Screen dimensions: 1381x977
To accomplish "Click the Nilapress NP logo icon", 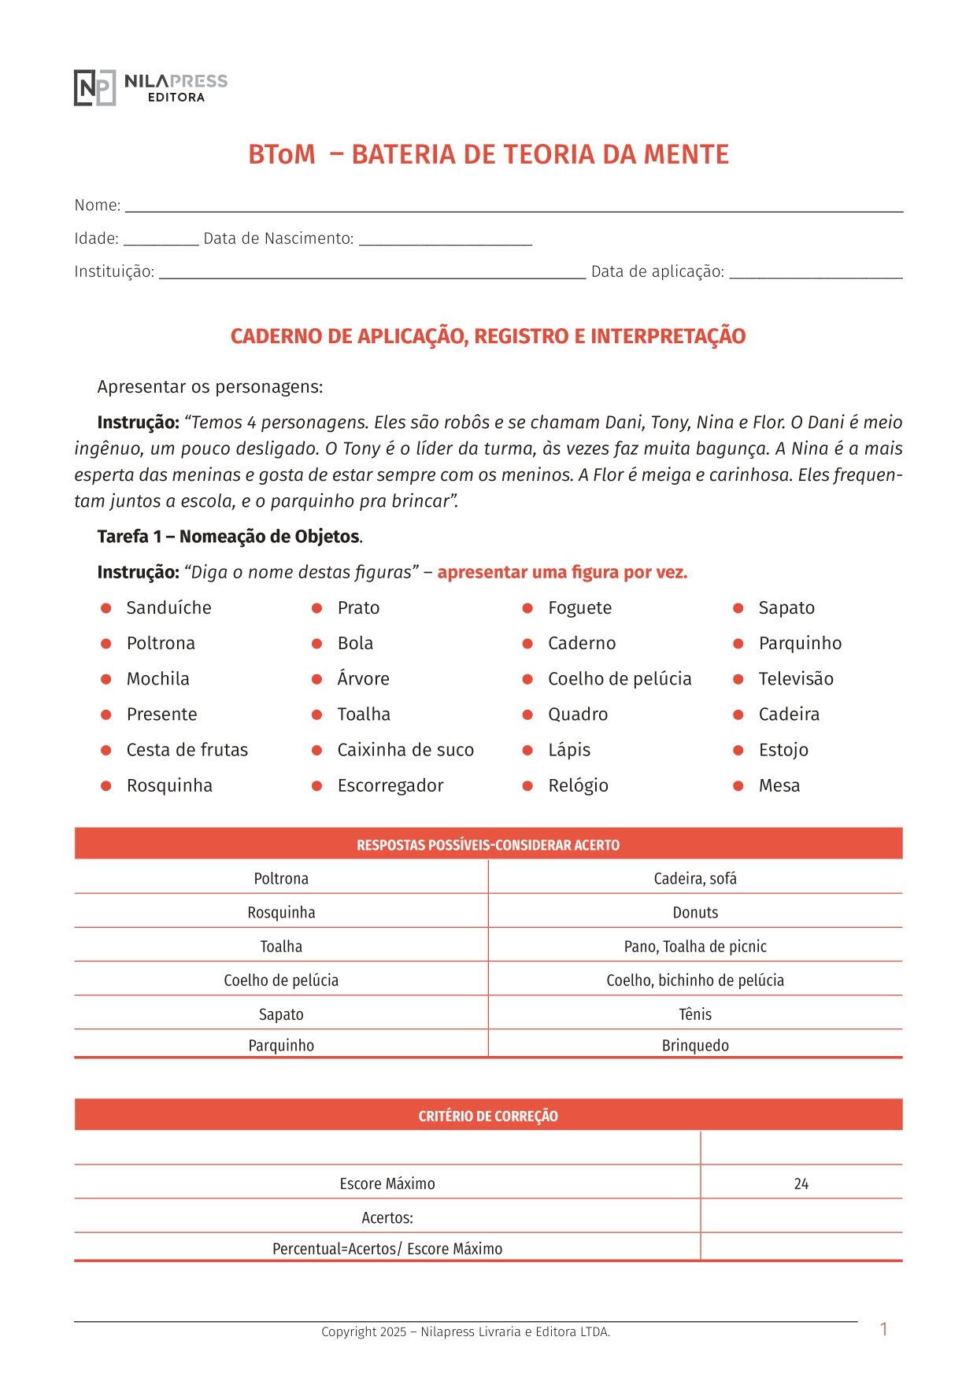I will (x=94, y=87).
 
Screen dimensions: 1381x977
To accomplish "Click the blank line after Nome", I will (x=513, y=207).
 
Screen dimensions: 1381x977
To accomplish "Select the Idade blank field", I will (x=161, y=240).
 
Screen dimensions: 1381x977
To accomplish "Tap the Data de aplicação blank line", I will (x=815, y=273).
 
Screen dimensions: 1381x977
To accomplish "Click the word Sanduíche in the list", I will (x=168, y=608).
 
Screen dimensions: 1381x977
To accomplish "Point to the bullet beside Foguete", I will (x=527, y=608).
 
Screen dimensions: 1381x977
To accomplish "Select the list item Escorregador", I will (x=390, y=786).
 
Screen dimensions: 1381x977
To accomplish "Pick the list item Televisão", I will (x=795, y=679).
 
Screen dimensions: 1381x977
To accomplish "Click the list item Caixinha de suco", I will (x=405, y=751).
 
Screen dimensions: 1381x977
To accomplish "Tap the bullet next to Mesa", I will (x=738, y=786).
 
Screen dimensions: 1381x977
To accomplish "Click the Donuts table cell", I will (x=695, y=913).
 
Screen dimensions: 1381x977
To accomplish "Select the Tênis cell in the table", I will (x=695, y=1015).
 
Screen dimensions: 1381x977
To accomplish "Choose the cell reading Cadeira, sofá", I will (x=695, y=879).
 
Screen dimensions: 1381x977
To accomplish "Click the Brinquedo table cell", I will (x=695, y=1046).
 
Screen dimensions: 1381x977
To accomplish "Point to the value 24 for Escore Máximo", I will (x=801, y=1184).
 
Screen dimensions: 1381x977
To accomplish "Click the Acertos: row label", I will (x=387, y=1218).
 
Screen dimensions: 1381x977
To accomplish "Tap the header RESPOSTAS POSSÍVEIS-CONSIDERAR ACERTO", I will (x=488, y=845).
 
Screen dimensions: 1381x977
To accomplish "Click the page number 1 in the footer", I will (x=884, y=1330).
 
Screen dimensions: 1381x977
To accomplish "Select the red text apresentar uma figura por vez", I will (x=562, y=573).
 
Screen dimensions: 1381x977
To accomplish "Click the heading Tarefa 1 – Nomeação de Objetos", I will (x=229, y=537).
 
